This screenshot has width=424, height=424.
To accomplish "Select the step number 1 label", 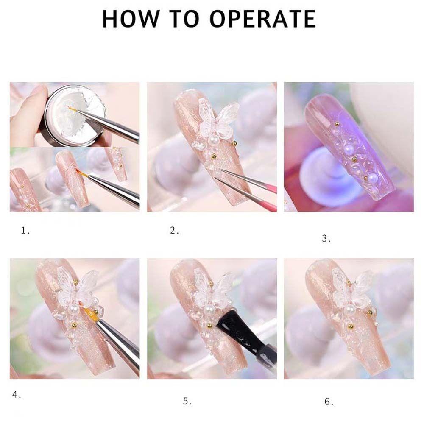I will pyautogui.click(x=25, y=231).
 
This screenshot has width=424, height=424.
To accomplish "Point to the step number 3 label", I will pyautogui.click(x=326, y=239).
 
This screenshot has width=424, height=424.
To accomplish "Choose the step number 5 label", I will pyautogui.click(x=187, y=401).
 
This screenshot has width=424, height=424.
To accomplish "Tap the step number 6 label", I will pyautogui.click(x=329, y=401).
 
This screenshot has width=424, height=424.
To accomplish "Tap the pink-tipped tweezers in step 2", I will pyautogui.click(x=250, y=187).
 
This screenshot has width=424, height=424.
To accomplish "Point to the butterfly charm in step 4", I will pyautogui.click(x=81, y=288).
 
